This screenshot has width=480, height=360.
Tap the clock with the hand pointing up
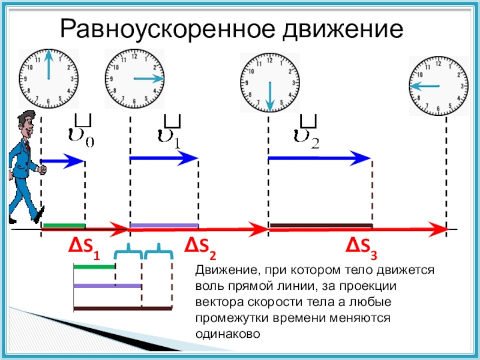tap(49, 79)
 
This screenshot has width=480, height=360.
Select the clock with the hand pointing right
tap(134, 79)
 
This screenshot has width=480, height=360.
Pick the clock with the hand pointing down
tap(269, 82)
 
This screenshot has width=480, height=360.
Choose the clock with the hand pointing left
tap(439, 86)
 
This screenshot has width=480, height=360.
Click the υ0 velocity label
tap(81, 131)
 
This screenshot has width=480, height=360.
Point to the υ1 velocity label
tap(170, 131)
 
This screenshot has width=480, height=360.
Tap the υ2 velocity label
tap(307, 131)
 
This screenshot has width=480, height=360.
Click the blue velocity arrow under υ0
tap(62, 161)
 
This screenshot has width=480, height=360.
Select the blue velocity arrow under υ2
tap(320, 158)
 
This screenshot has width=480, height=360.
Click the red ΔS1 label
tap(84, 248)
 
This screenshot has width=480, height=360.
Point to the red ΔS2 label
tap(200, 248)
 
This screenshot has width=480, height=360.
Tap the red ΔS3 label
tap(362, 248)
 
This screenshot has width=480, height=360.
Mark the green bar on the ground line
tap(64, 226)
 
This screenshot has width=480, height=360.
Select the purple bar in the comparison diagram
tap(107, 286)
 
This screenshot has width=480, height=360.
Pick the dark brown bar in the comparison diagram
tap(123, 308)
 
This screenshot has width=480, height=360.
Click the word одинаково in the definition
tap(228, 334)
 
